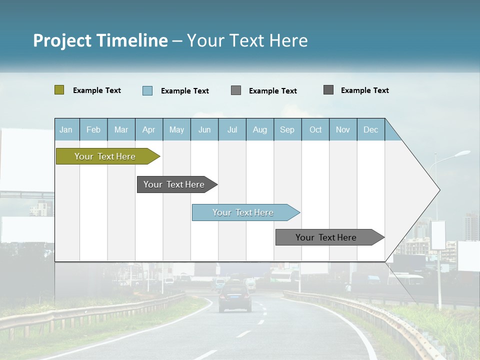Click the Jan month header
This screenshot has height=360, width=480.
[x=66, y=129]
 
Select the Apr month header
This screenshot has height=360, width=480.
[x=148, y=129]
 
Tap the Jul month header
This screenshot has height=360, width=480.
[x=232, y=129]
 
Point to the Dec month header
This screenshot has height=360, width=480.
[x=370, y=129]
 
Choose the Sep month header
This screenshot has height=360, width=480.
[x=287, y=129]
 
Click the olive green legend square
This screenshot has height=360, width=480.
[x=59, y=90]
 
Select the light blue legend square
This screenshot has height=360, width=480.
[x=147, y=90]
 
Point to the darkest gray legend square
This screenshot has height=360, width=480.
[x=328, y=90]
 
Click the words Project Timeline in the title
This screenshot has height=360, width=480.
[x=100, y=40]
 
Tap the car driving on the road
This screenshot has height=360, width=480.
[x=235, y=297]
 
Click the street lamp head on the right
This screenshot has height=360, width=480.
[x=462, y=153]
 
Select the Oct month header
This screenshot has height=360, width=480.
[x=315, y=129]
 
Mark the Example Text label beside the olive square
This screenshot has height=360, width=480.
[x=97, y=90]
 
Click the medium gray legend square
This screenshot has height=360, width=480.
[x=236, y=90]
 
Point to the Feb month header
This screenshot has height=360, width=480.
[x=93, y=129]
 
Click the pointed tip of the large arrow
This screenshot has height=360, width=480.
[x=439, y=189]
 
